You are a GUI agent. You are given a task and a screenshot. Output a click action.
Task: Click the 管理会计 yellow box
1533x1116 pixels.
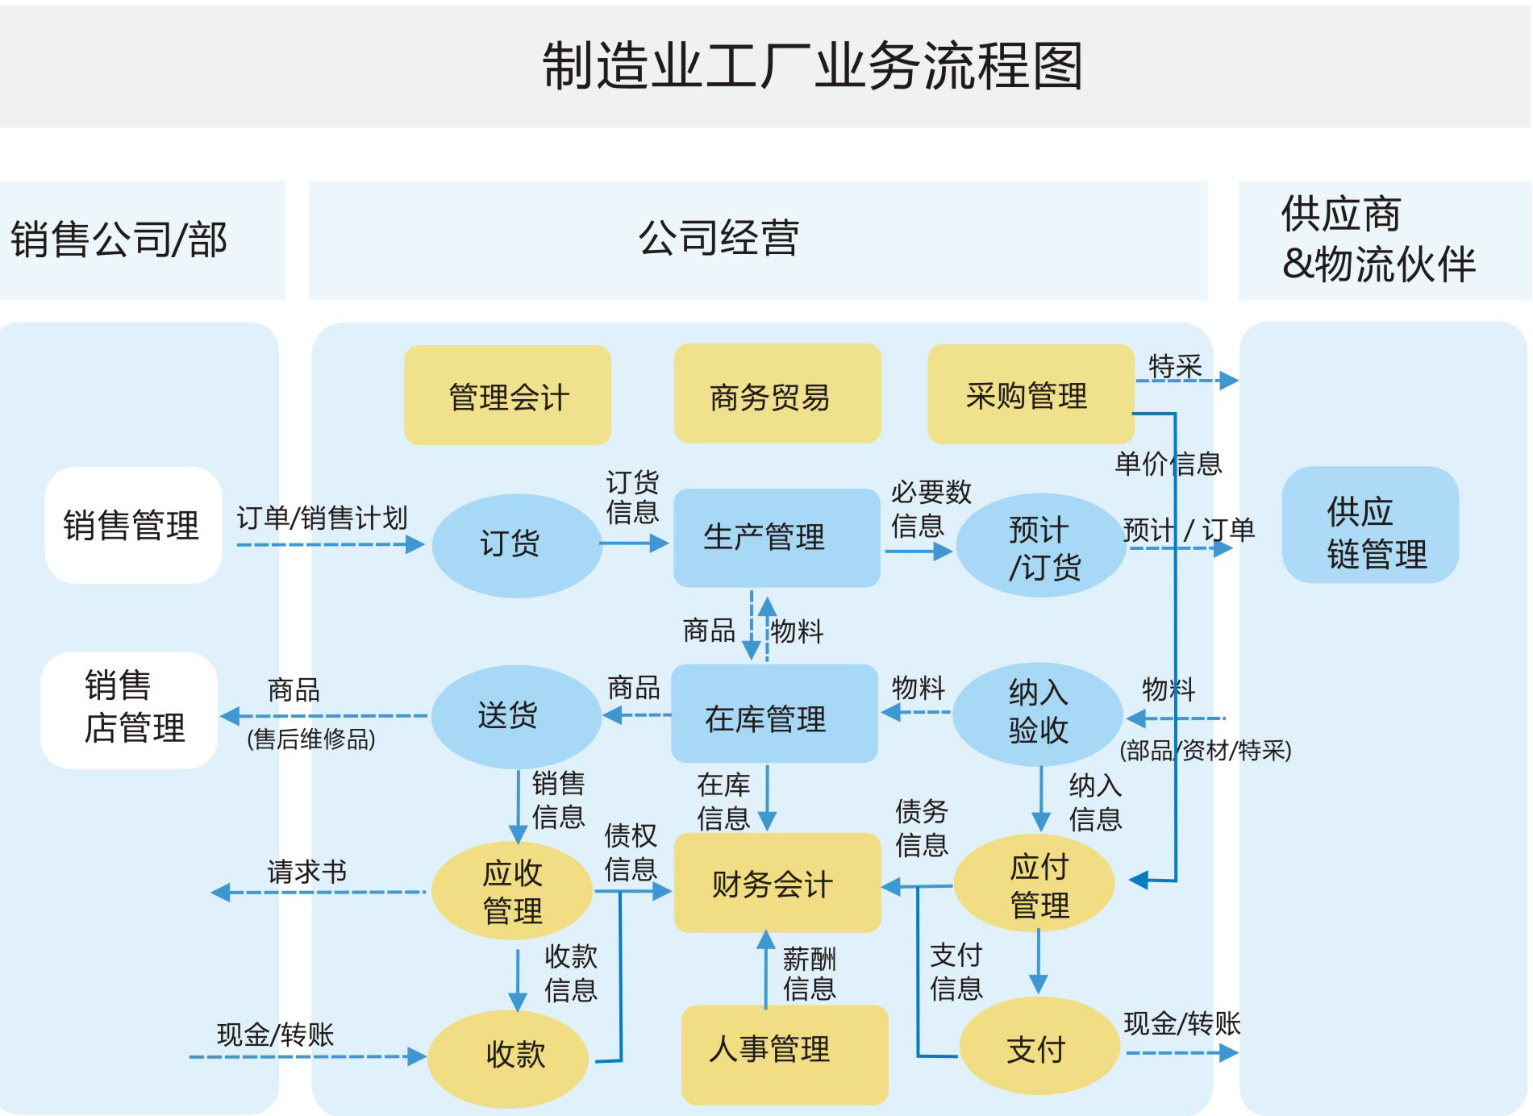[507, 395]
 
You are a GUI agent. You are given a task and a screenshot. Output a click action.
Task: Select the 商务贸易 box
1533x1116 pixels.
[777, 394]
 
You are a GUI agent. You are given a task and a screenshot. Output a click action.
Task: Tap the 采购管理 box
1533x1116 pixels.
[1030, 394]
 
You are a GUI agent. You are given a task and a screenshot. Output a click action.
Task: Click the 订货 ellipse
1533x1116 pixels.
[516, 545]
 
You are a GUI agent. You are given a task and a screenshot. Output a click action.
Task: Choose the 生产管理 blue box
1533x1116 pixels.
[776, 538]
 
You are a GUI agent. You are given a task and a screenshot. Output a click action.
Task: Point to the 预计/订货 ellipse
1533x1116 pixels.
[1040, 546]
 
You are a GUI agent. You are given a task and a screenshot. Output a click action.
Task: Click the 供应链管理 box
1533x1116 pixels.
[1369, 525]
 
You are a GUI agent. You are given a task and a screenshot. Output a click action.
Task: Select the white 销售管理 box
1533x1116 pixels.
[133, 525]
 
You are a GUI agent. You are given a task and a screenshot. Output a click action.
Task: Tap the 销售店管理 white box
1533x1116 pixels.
[129, 710]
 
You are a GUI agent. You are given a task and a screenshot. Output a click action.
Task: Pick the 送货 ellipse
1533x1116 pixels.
[515, 716]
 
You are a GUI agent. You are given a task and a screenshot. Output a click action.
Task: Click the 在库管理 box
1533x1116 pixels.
[773, 714]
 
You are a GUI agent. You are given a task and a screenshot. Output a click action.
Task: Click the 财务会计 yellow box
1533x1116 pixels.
[777, 883]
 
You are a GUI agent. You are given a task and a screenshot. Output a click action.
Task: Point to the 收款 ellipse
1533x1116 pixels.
[508, 1057]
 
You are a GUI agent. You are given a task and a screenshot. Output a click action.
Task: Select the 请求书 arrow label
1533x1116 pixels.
[306, 872]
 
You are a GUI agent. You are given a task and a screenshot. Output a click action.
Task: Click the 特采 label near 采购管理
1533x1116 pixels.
[1175, 367]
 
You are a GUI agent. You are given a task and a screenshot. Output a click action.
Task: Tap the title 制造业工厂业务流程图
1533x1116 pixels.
[812, 66]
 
